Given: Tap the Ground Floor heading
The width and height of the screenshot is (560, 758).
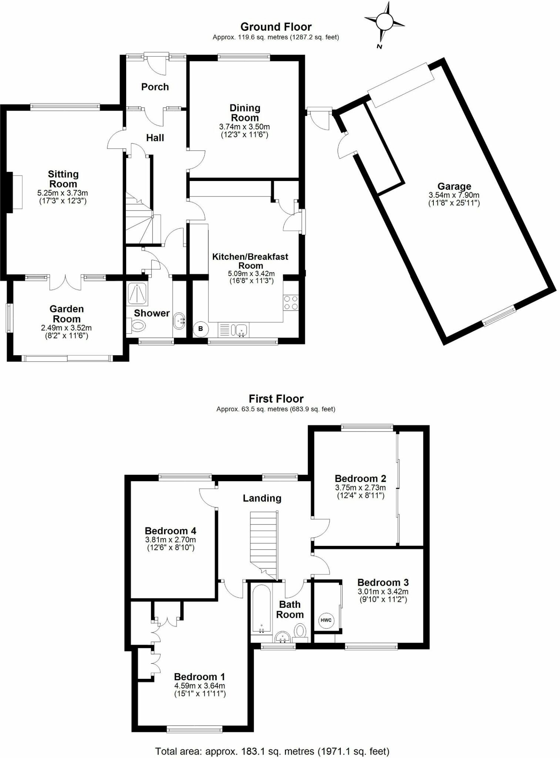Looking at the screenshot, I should pos(276,27).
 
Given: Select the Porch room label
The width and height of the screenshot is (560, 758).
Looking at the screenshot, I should pos(155,87).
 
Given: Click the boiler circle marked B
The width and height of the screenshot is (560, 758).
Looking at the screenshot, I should pos(201,329).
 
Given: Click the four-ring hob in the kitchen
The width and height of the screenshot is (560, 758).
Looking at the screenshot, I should pos(291,302).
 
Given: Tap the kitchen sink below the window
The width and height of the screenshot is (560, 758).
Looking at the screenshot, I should pos(241,329).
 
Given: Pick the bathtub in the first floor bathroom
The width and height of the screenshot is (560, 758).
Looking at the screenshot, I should pos(262,611).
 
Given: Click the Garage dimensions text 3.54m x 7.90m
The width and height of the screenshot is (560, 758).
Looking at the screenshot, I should pos(454,195).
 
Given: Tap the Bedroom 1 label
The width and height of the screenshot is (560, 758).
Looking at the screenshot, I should pos(199,677).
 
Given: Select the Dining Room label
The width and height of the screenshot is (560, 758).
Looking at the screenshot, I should pos(245,113).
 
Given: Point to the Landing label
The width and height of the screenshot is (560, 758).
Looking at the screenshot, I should pos(262,498).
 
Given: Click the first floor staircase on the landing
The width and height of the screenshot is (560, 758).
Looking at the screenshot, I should pos(264,540).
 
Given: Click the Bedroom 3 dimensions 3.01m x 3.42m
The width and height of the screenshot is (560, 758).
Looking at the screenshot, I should pos(383,592).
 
